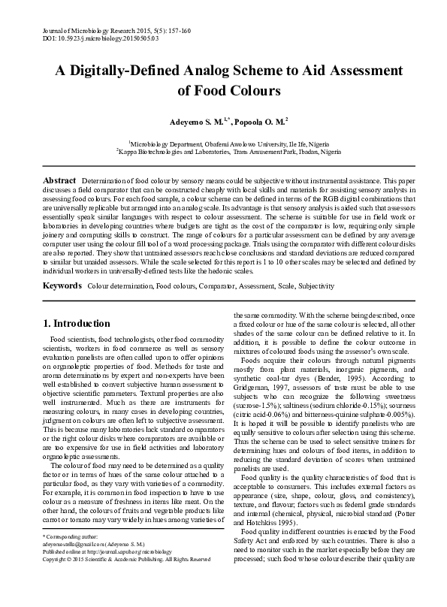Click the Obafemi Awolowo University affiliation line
point(223,141)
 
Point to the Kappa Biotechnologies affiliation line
point(223,150)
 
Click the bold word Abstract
point(59,181)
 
